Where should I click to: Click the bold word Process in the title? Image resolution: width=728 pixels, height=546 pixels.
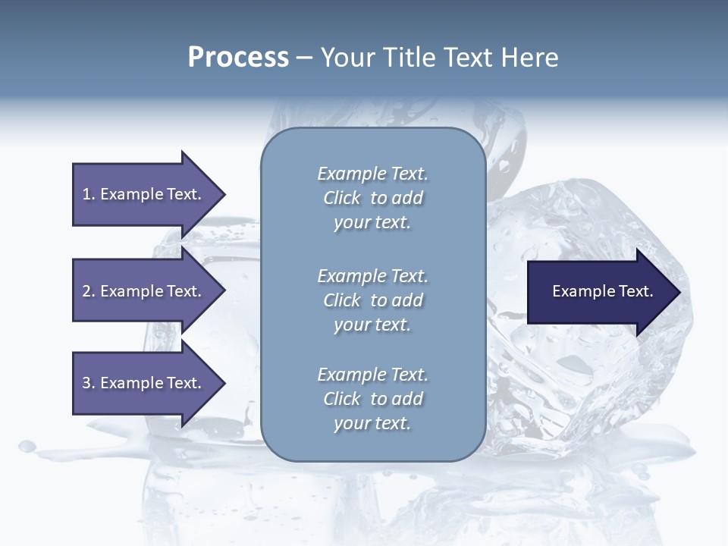(x=238, y=58)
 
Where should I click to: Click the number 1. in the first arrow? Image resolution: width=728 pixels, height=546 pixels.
(x=89, y=194)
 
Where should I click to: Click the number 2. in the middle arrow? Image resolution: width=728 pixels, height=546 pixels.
(x=89, y=291)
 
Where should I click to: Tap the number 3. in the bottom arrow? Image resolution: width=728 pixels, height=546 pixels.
(x=89, y=383)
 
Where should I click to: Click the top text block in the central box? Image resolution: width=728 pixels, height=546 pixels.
(x=372, y=198)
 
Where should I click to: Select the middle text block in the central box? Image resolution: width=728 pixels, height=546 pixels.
(x=372, y=300)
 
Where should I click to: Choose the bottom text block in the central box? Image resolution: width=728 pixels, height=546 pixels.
(x=372, y=399)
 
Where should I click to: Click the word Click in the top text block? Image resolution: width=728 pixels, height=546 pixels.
(x=342, y=198)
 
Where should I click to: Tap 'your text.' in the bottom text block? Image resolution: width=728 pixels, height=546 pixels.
(x=372, y=423)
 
